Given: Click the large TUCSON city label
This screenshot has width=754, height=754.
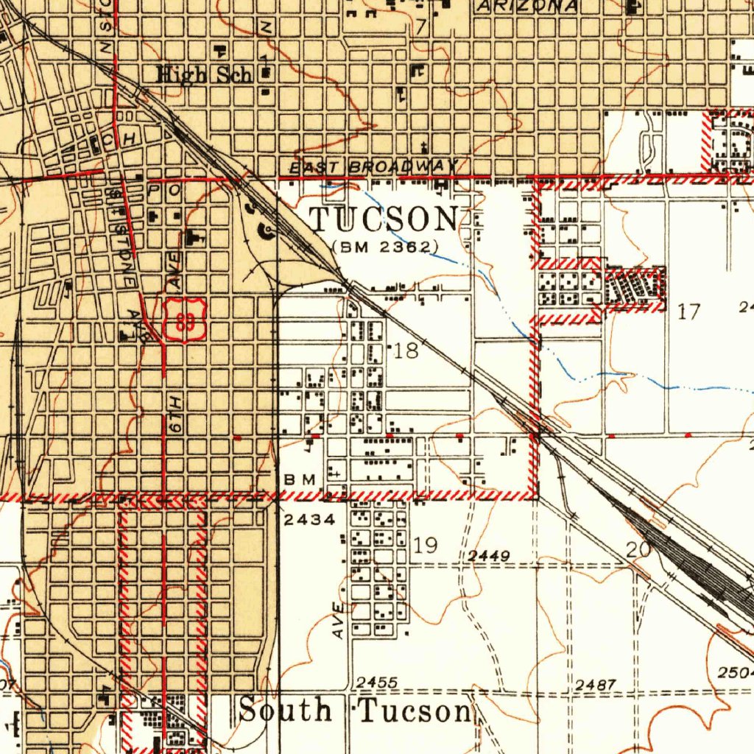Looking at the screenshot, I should [x=384, y=219].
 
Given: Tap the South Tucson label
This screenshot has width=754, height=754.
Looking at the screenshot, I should [x=355, y=711].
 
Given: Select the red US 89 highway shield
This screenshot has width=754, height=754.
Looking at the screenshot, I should [x=184, y=320].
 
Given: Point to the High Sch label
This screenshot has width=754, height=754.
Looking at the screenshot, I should [x=204, y=75].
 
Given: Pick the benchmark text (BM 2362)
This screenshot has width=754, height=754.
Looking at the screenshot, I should [x=385, y=247].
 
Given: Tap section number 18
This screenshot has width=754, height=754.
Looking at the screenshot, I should [x=406, y=350].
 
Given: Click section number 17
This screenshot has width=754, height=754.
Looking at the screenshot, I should [x=689, y=311].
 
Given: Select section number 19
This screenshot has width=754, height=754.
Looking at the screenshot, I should [x=426, y=545].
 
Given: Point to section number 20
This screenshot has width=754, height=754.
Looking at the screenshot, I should [x=638, y=549].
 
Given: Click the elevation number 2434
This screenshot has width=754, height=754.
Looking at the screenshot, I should [x=309, y=520].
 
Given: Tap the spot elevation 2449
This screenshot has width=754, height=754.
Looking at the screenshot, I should [x=489, y=556].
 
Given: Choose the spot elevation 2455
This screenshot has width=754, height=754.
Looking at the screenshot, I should [x=377, y=683].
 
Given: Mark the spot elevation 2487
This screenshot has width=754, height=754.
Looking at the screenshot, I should [x=595, y=686].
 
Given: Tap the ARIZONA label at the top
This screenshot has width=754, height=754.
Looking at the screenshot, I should [x=526, y=6].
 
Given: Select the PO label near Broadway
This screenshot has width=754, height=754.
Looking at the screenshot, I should [x=159, y=190].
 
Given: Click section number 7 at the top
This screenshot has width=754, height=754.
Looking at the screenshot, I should [x=420, y=27].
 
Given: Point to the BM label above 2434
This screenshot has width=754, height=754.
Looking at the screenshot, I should [x=300, y=479].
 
